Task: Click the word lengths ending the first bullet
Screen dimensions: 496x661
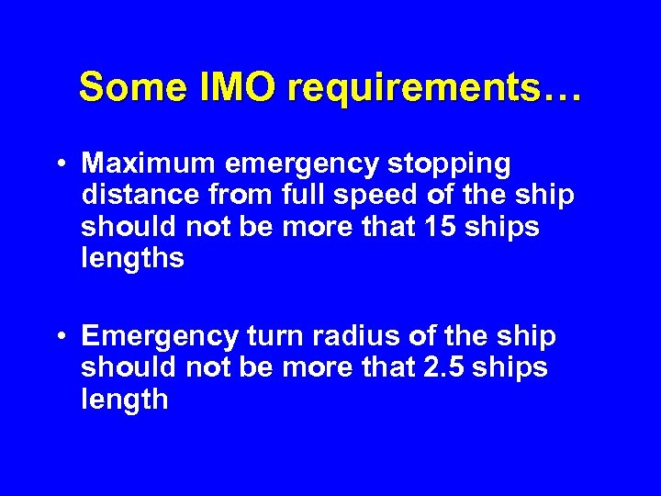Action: click(x=132, y=259)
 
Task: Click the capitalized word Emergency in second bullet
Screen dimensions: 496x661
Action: click(x=161, y=337)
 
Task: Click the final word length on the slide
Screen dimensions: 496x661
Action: click(x=124, y=400)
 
